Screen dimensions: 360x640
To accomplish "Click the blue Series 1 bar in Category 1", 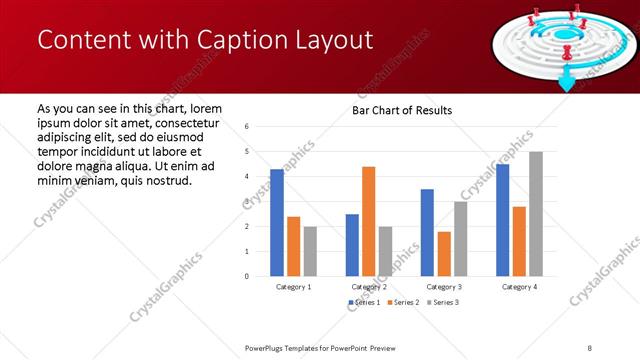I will point(277,223).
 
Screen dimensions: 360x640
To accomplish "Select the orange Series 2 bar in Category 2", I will point(368,221).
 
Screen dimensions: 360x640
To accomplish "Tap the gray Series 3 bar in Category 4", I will point(536,214).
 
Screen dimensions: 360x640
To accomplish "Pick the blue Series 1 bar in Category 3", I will point(427,232).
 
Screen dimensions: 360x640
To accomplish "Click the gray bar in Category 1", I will point(310,251).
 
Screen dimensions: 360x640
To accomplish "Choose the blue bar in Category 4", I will point(502,220).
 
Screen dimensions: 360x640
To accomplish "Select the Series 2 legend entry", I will point(403,302).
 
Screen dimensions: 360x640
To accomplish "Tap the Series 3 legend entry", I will point(443,302).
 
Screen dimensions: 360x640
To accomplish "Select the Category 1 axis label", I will point(293,287).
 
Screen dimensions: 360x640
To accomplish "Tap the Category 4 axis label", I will point(519,287).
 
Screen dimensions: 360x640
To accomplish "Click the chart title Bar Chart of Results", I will point(402,110).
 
